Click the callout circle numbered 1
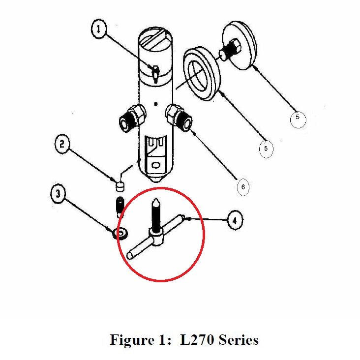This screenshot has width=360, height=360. tap(99, 30)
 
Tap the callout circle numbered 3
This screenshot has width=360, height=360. tap(59, 195)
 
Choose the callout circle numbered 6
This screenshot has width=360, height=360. tap(242, 186)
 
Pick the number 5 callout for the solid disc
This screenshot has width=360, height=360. tap(297, 118)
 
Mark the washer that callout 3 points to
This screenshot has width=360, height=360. tap(120, 233)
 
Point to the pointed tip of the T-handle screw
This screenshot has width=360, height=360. tap(155, 201)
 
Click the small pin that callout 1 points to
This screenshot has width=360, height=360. tap(154, 72)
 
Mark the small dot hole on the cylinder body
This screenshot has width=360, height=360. tap(155, 104)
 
